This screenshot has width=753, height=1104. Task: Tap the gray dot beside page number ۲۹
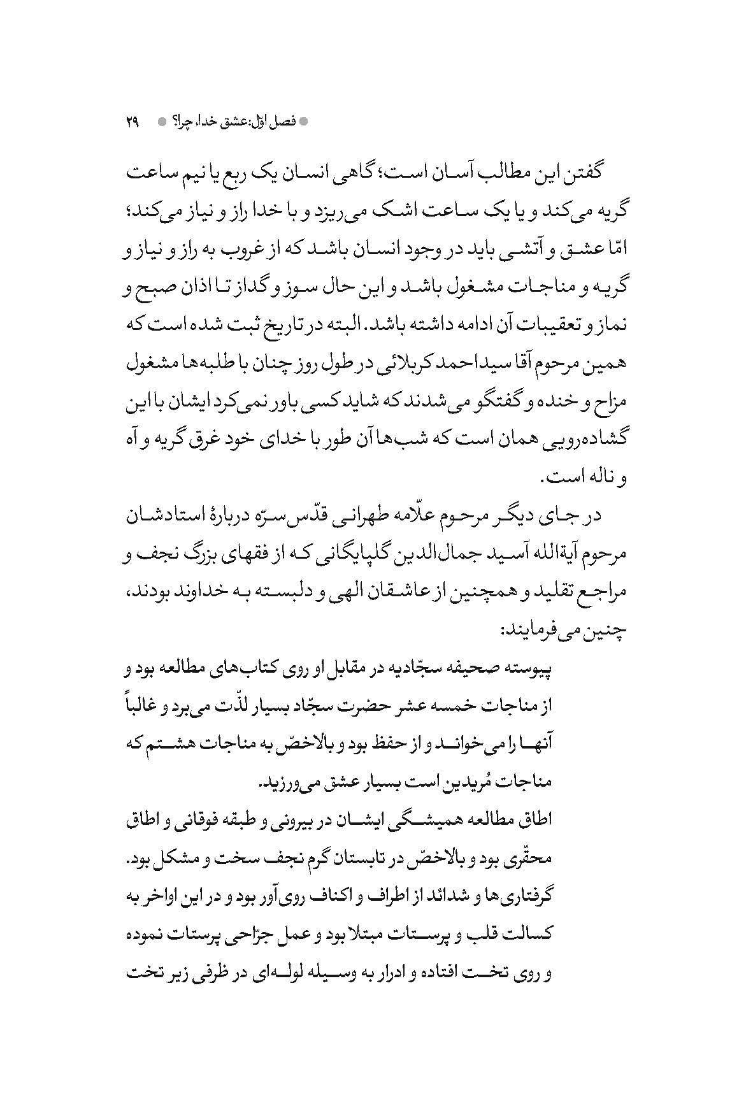pyautogui.click(x=162, y=121)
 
